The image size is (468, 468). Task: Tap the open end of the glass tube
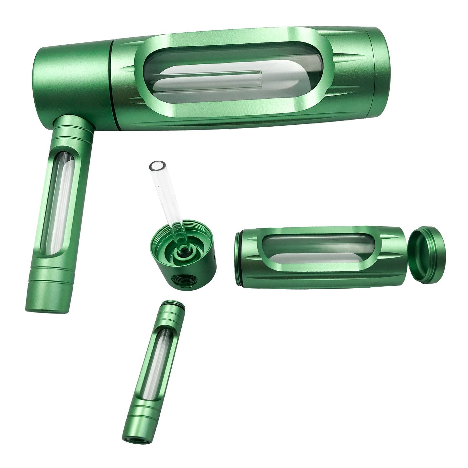155,167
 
